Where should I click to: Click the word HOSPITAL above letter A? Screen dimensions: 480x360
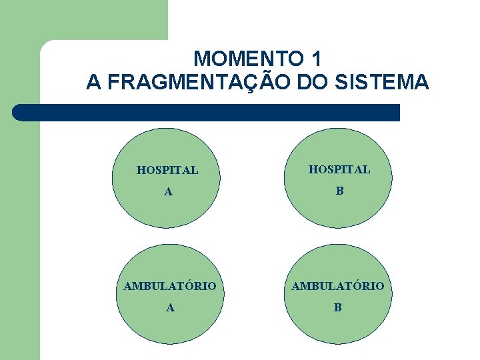point(167,170)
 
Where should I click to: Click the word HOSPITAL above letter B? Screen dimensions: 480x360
point(339,169)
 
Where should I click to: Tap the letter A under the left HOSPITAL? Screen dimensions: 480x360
point(169,192)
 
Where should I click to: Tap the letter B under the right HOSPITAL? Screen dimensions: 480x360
point(339,191)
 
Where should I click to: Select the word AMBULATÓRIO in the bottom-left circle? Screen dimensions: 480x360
point(169,286)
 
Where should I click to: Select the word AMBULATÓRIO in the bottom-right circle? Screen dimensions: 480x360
point(338,286)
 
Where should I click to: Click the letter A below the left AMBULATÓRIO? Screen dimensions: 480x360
point(171,308)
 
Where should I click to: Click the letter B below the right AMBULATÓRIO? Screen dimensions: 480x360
point(338,308)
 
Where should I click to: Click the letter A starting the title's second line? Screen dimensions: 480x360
point(93,83)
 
